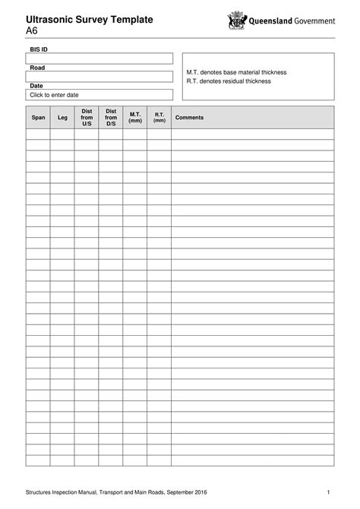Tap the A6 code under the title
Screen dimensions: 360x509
tap(33, 31)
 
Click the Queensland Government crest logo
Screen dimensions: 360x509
tap(238, 21)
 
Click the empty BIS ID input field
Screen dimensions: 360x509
tap(99, 58)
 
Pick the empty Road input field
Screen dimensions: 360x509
tap(99, 77)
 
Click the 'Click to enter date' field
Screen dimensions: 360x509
tap(99, 95)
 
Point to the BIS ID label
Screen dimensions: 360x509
tap(39, 49)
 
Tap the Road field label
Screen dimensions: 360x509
tap(36, 68)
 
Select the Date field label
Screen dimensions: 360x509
tap(36, 86)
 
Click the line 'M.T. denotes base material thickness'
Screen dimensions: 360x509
tap(236, 72)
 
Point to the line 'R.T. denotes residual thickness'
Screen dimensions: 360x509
tap(228, 81)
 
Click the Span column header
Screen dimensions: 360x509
tap(38, 118)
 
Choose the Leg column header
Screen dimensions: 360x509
tap(62, 118)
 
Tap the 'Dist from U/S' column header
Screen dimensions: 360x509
tap(87, 118)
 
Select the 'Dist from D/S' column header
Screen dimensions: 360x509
tap(111, 118)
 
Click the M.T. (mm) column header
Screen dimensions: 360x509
tap(135, 118)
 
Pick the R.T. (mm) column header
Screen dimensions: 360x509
tap(159, 118)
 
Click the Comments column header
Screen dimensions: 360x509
tap(189, 118)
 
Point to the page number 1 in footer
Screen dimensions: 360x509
tap(328, 493)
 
